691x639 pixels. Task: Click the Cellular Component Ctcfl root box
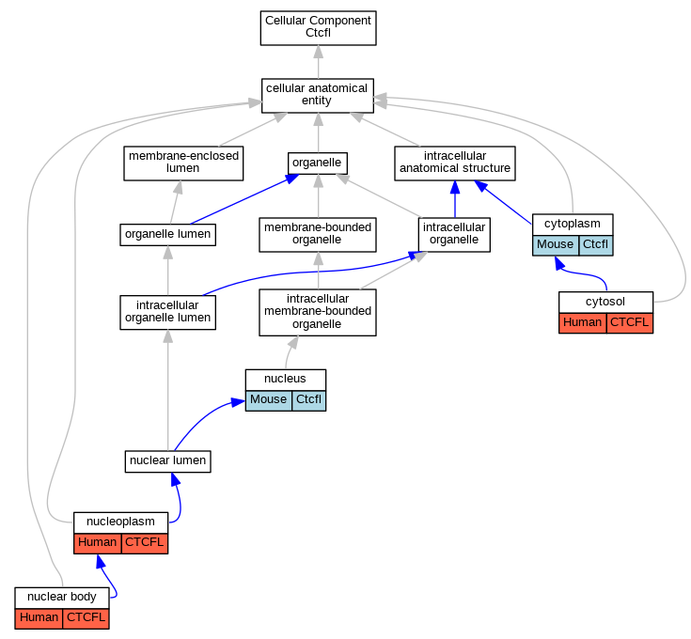pyautogui.click(x=318, y=28)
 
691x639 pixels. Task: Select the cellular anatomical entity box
pyautogui.click(x=318, y=96)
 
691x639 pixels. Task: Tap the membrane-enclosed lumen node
pyautogui.click(x=183, y=164)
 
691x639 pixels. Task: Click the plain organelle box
pyautogui.click(x=318, y=164)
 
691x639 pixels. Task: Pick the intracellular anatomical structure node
pyautogui.click(x=455, y=164)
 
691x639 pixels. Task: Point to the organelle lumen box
pyautogui.click(x=168, y=235)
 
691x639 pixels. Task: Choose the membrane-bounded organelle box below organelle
pyautogui.click(x=318, y=235)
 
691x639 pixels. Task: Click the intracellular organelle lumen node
pyautogui.click(x=168, y=312)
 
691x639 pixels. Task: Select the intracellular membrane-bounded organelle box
pyautogui.click(x=318, y=312)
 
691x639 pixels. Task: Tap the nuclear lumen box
pyautogui.click(x=168, y=461)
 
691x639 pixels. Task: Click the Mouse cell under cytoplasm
pyautogui.click(x=556, y=246)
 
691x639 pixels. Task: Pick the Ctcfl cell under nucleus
pyautogui.click(x=309, y=400)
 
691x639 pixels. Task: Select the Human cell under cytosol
pyautogui.click(x=583, y=323)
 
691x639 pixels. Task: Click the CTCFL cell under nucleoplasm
pyautogui.click(x=145, y=543)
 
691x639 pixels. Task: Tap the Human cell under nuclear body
pyautogui.click(x=39, y=618)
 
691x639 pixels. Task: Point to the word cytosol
pyautogui.click(x=605, y=302)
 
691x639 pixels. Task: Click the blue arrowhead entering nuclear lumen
pyautogui.click(x=176, y=479)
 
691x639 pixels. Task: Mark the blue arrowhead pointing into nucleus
pyautogui.click(x=239, y=402)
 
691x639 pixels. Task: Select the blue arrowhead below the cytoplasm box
pyautogui.click(x=559, y=263)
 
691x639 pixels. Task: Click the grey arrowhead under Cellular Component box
pyautogui.click(x=318, y=52)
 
